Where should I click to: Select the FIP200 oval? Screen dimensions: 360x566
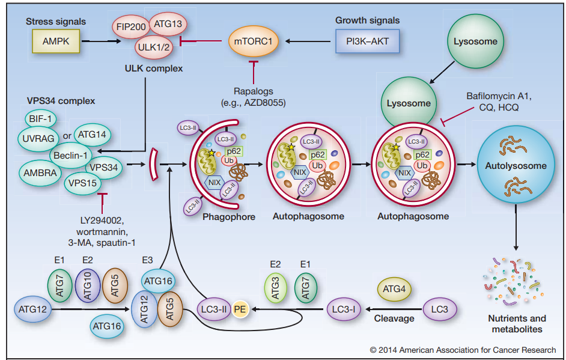click(x=132, y=27)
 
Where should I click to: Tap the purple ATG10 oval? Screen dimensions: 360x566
click(x=88, y=285)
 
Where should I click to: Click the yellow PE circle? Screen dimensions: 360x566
click(x=240, y=310)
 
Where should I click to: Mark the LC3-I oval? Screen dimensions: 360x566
click(x=345, y=310)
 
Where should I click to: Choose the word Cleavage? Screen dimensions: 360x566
click(x=394, y=319)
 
